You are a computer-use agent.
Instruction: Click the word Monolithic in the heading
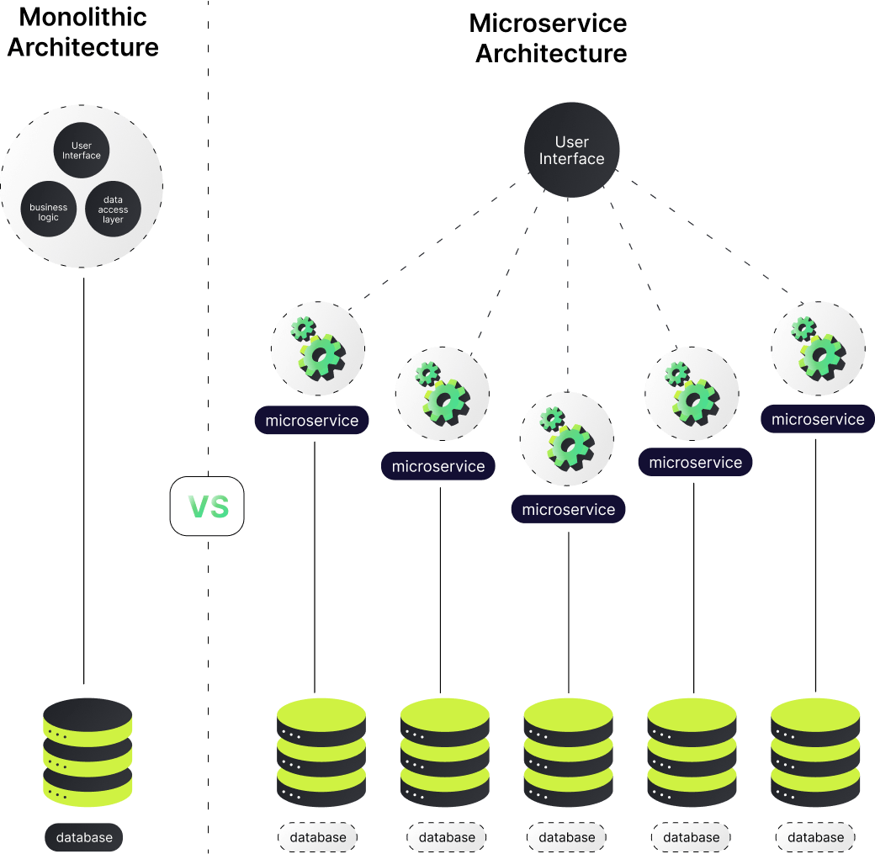[x=82, y=17]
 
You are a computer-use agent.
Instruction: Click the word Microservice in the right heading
[x=549, y=23]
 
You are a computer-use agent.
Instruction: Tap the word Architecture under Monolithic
[x=82, y=47]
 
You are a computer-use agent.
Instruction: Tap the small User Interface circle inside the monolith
[x=82, y=151]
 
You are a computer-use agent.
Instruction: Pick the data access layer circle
[x=113, y=210]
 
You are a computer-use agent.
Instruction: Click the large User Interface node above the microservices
[x=572, y=151]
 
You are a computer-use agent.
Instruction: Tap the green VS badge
[x=207, y=507]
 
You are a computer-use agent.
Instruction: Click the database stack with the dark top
[x=87, y=753]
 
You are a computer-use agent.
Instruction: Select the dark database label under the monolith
[x=84, y=837]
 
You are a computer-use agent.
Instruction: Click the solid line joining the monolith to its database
[x=84, y=480]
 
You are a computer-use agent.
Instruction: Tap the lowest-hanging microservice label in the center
[x=569, y=510]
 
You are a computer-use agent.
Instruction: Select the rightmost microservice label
[x=818, y=419]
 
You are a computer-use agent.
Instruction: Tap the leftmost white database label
[x=318, y=837]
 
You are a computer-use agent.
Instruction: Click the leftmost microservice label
[x=312, y=421]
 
